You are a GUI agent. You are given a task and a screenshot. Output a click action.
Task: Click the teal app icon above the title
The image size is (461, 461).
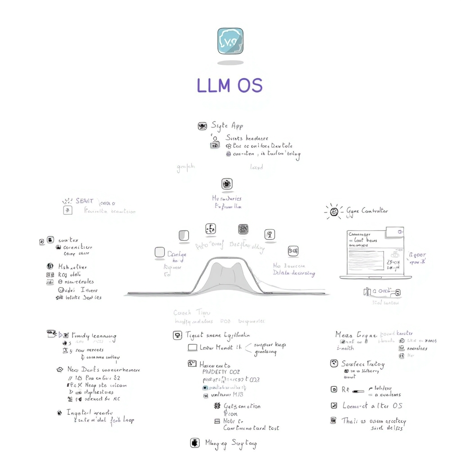[x=230, y=41]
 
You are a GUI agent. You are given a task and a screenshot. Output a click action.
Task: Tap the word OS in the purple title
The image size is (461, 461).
[x=250, y=86]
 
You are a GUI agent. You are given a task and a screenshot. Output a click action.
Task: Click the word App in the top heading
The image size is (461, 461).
[x=237, y=126]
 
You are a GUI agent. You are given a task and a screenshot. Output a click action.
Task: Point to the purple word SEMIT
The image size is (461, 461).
[x=85, y=201]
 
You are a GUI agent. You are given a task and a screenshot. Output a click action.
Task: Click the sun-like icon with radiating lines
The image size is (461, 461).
[x=334, y=211]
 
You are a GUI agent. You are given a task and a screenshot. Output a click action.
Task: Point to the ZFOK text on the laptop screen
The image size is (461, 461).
[x=393, y=262]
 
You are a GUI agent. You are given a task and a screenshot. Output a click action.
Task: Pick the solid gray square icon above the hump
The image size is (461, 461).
[x=184, y=235]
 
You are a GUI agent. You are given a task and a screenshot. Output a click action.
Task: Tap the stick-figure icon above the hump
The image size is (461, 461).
[x=269, y=234]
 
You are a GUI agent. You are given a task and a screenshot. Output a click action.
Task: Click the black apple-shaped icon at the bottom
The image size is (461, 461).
[x=194, y=443]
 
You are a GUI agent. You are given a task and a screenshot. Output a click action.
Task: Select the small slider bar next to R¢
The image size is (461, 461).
[x=358, y=390]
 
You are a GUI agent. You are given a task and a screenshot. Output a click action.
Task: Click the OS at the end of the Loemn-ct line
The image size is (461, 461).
[x=397, y=406]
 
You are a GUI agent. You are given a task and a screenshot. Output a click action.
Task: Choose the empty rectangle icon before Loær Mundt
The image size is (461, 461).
[x=192, y=348]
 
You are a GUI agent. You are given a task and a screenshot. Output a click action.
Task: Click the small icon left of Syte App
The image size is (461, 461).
[x=202, y=126]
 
